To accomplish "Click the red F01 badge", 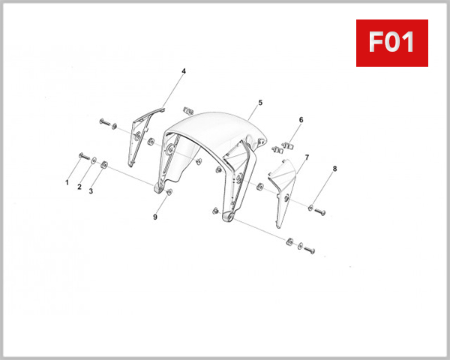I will click(x=391, y=43).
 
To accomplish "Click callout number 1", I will click(x=67, y=182).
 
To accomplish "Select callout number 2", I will click(x=79, y=187).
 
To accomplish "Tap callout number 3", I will click(x=91, y=191).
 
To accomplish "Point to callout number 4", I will click(x=183, y=71).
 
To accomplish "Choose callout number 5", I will click(x=260, y=102).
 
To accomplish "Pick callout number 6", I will click(x=301, y=119).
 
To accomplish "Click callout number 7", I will click(x=307, y=158).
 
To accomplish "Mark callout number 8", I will click(x=334, y=169).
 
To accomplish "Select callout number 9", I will click(x=155, y=217).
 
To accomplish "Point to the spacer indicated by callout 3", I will click(x=104, y=164).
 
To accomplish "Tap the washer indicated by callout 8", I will click(x=311, y=206).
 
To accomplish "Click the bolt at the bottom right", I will click(x=310, y=249).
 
